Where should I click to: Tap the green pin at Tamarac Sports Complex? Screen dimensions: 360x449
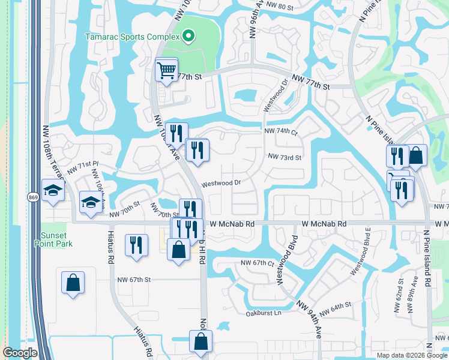click(x=188, y=37)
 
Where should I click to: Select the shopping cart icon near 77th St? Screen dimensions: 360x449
click(x=166, y=69)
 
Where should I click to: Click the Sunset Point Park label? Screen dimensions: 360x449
click(x=56, y=239)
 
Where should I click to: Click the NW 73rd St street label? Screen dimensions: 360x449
click(x=285, y=157)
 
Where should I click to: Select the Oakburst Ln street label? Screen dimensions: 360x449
click(x=264, y=313)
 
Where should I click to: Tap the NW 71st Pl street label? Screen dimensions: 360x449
click(x=82, y=167)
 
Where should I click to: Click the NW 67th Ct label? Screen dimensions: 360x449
click(x=257, y=263)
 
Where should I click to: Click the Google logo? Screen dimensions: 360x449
click(x=20, y=353)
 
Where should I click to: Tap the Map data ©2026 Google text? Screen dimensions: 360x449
click(x=411, y=355)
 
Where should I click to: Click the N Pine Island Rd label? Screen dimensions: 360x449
click(x=427, y=258)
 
